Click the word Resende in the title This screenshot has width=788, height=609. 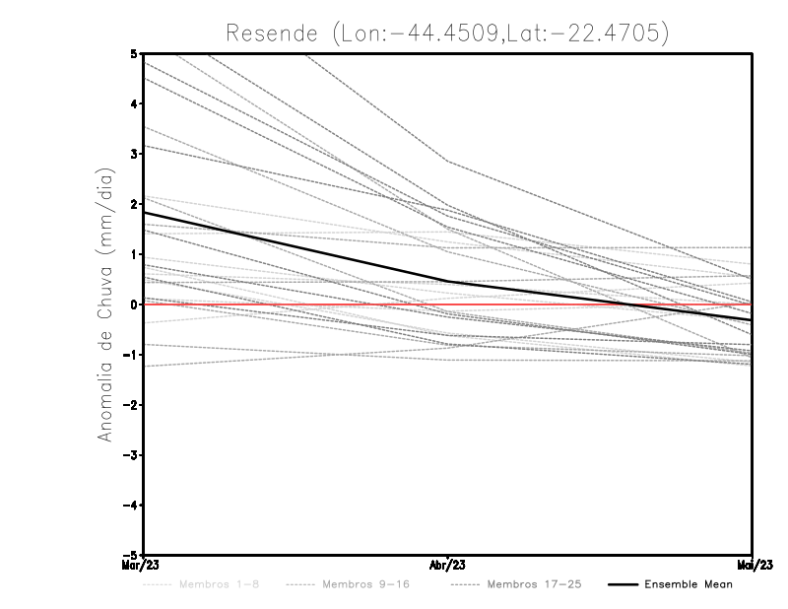273,33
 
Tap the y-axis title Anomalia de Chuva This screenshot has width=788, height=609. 105,304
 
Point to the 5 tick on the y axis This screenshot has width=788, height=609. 133,53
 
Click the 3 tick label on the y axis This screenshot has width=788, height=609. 133,155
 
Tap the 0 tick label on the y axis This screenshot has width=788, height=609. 133,304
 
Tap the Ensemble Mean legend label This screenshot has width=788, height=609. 688,584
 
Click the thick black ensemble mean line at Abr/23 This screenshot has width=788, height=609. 448,282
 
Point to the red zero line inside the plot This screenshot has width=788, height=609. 295,304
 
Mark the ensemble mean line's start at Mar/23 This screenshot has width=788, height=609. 145,213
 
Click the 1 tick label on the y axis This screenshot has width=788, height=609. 133,254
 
